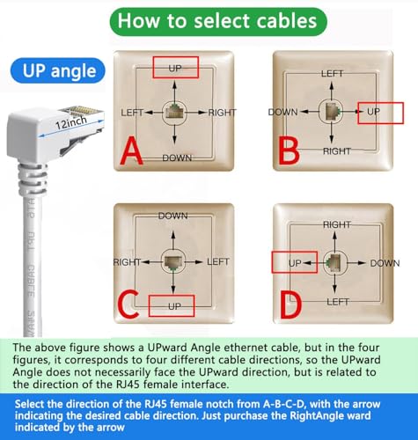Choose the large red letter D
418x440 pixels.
(290, 304)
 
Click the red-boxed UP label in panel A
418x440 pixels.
(175, 66)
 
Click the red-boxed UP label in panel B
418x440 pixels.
(374, 113)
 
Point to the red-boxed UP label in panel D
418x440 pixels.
(294, 262)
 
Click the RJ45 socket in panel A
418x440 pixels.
(174, 112)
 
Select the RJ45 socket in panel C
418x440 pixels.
(174, 262)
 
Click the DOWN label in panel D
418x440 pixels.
(384, 262)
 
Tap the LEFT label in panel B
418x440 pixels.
(332, 74)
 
